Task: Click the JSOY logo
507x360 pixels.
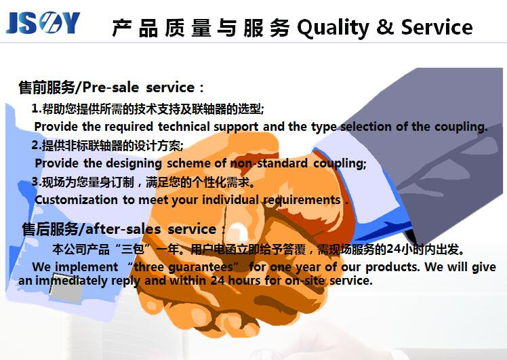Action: click(43, 22)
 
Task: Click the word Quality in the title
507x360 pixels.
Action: click(333, 28)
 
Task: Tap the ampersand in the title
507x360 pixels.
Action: click(385, 26)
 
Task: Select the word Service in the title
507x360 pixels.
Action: click(437, 26)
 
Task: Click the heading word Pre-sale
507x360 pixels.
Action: click(110, 87)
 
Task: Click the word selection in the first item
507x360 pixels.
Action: click(366, 127)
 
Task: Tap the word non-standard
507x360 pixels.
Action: click(268, 163)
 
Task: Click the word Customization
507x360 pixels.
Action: click(76, 200)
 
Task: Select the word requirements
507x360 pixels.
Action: click(302, 201)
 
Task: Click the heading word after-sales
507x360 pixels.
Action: click(123, 229)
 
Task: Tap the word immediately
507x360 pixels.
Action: click(71, 281)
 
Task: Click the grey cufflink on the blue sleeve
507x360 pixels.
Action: click(66, 288)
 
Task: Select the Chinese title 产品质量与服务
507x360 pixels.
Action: click(201, 28)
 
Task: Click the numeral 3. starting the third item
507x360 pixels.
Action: click(36, 182)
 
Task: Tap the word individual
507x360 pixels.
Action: click(230, 200)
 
